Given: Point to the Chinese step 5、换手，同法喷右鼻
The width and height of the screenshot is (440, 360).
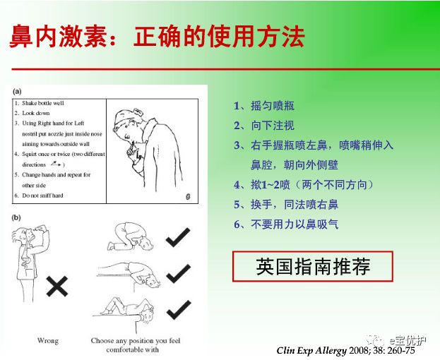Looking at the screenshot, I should pos(285,205).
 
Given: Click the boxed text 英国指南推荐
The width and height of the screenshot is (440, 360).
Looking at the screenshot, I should pos(313,267).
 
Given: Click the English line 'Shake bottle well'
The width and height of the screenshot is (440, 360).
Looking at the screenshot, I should pos(43,103).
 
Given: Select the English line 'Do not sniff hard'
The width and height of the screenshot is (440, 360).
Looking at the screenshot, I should pos(44,194).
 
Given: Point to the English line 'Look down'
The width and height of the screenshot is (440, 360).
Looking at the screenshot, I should pos(36,113).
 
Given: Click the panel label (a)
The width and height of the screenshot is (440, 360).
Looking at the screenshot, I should pos(16,90).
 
